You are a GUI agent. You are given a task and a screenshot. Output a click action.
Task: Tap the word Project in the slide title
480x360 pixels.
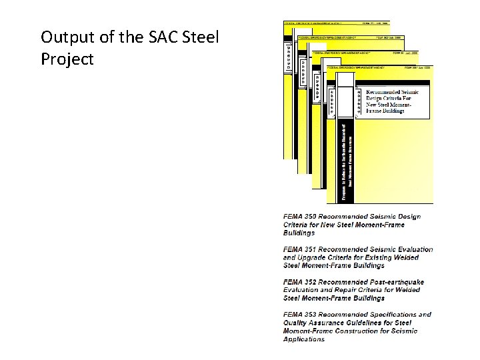(67, 59)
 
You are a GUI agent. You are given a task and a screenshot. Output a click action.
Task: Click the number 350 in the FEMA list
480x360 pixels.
(317, 217)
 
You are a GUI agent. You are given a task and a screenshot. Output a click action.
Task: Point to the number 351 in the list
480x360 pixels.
(317, 250)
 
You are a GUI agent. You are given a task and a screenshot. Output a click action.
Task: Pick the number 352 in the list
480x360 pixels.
(317, 283)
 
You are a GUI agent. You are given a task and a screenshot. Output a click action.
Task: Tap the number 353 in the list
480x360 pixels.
(317, 315)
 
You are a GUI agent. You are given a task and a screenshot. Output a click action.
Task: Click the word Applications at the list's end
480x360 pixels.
(304, 339)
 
